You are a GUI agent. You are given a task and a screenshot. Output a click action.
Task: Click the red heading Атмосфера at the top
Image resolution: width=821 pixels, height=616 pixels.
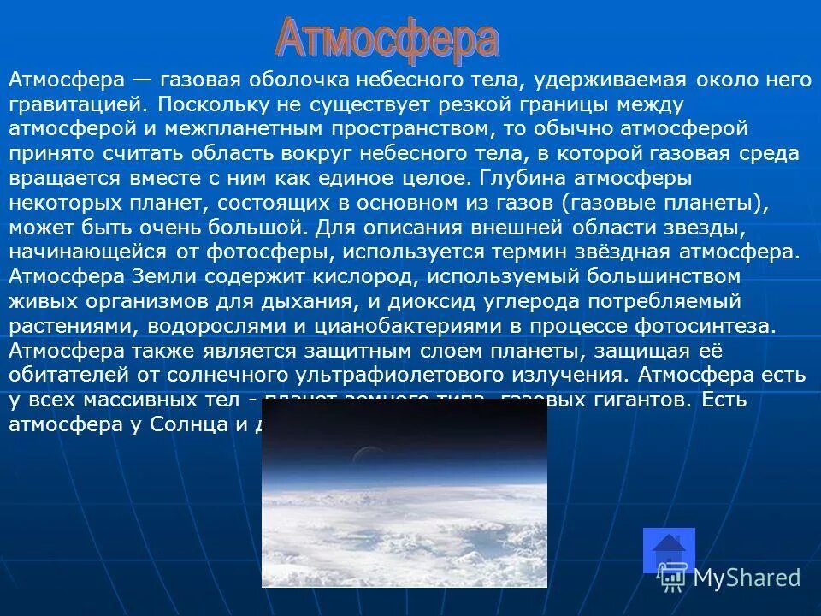[387, 39]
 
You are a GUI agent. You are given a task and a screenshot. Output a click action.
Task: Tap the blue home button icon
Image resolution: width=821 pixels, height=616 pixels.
[668, 549]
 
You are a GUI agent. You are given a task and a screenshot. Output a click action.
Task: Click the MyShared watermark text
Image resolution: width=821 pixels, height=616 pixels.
[747, 577]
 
